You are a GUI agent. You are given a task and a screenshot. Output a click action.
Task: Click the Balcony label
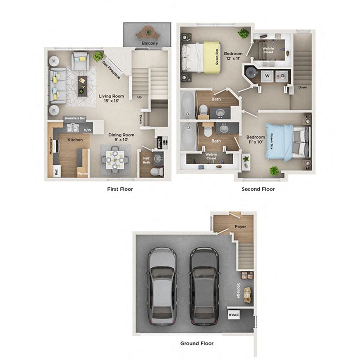tap(150, 43)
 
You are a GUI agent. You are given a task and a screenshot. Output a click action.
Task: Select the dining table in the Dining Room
tap(115, 160)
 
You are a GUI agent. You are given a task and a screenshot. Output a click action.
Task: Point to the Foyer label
tap(240, 227)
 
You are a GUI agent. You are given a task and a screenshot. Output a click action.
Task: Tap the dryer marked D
tap(283, 76)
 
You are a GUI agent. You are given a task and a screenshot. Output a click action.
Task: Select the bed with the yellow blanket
tap(200, 57)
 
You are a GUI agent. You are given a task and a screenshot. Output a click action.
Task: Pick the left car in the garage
tap(162, 286)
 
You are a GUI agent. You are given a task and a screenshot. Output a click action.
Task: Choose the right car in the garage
tap(204, 286)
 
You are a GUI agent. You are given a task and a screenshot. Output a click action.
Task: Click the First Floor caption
tap(120, 189)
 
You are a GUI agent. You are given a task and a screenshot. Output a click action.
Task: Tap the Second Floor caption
tap(258, 189)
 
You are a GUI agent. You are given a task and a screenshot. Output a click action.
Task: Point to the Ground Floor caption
tap(197, 343)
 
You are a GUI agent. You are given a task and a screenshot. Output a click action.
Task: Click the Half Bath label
tap(146, 160)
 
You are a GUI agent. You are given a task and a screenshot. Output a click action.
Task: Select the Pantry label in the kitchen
tap(82, 173)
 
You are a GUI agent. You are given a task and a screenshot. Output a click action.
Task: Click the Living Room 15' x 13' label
tap(111, 98)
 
